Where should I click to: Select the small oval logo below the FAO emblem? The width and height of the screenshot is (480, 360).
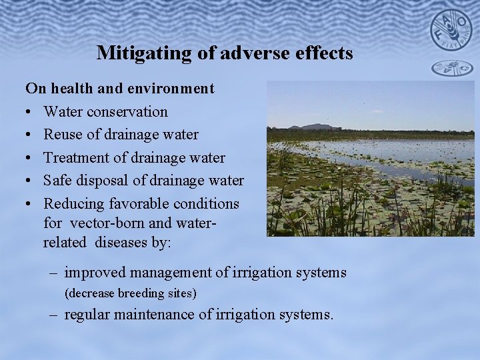tap(451, 67)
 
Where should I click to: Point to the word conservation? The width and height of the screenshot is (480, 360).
tap(127, 111)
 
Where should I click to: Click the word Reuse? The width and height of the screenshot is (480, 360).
tap(63, 135)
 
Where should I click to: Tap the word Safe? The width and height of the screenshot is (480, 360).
tap(58, 181)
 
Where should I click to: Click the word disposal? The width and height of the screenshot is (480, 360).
tap(103, 181)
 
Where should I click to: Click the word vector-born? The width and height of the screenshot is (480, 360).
tap(106, 223)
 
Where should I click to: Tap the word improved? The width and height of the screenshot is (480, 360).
tap(95, 273)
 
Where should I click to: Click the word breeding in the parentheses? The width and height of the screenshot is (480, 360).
tap(141, 293)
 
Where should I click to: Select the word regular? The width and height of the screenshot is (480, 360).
tap(87, 314)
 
